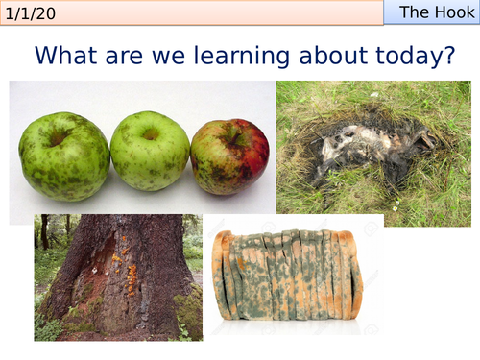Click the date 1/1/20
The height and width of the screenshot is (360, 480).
click(x=31, y=12)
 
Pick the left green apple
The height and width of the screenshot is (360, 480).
click(x=64, y=156)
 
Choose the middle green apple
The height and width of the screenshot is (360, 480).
click(x=149, y=151)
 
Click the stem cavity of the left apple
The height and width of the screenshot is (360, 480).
click(x=60, y=137)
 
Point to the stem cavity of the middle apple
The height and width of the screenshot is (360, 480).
click(x=150, y=134)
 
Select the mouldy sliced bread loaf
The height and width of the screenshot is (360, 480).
click(x=288, y=275)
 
